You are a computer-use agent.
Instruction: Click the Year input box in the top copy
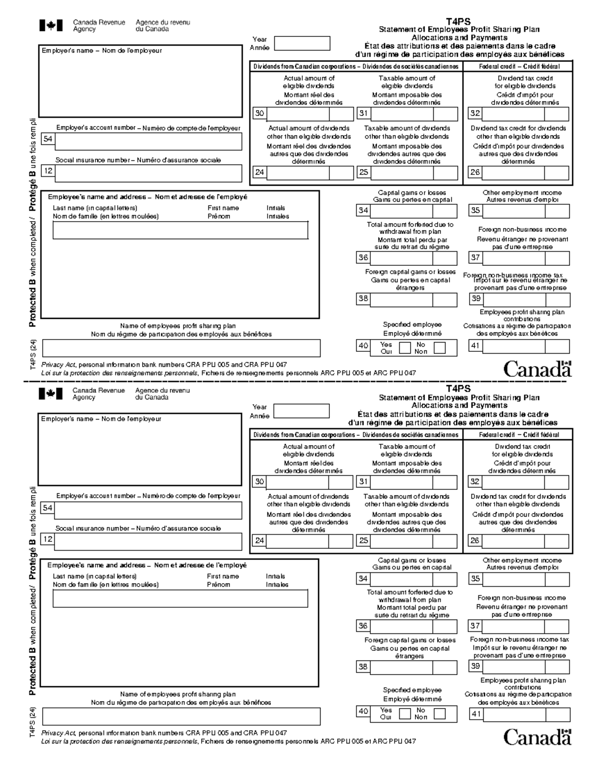302,43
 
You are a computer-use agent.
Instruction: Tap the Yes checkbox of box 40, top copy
405,348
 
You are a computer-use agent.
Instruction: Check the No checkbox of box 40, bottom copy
439,713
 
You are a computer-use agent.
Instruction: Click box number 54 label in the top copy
48,139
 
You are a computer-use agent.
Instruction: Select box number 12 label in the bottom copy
48,539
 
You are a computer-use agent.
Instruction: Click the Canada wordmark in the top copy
537,369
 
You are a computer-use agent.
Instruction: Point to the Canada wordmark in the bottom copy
537,737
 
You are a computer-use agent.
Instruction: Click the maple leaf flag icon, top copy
51,26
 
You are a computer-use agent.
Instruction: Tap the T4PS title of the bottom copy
458,389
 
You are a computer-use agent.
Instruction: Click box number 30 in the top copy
259,113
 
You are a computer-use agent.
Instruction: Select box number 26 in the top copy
475,172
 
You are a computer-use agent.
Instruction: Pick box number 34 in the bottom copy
363,579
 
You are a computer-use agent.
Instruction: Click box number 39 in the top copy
476,298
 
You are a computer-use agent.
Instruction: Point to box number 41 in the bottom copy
475,714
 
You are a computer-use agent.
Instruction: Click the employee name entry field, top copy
180,230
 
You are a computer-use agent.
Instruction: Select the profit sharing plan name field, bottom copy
181,716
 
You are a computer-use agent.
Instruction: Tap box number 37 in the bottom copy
475,626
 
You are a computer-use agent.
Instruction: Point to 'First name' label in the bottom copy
223,576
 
